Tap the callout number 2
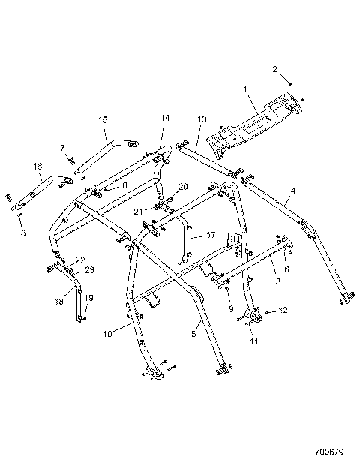tap(274, 69)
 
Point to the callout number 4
tap(292, 191)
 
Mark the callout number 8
tap(125, 184)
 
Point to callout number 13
tap(202, 119)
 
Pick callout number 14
tap(165, 118)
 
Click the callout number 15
tap(103, 119)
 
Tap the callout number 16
tap(37, 166)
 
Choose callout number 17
tap(211, 234)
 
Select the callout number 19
tap(88, 298)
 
